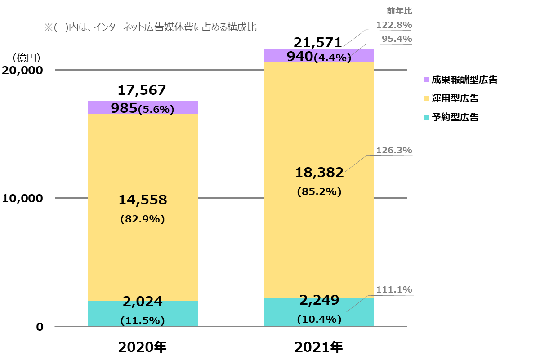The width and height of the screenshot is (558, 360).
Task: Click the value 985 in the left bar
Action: click(124, 108)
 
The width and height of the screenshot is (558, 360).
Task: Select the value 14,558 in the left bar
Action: click(143, 200)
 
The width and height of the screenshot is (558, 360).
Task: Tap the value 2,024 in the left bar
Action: click(143, 302)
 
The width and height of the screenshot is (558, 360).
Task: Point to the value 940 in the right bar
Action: click(299, 56)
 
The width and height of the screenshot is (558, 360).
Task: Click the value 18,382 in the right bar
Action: click(319, 172)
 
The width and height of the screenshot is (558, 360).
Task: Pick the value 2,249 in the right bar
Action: click(319, 300)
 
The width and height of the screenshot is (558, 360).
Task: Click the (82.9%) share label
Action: click(143, 219)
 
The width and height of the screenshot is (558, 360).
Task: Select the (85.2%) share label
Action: click(319, 191)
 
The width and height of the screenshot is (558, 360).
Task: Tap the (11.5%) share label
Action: click(143, 321)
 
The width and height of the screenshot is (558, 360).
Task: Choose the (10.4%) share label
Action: click(319, 319)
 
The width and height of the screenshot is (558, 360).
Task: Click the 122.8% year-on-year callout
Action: click(394, 25)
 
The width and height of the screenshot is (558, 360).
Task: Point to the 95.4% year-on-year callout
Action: click(397, 39)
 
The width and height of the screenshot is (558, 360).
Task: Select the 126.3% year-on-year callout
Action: click(394, 150)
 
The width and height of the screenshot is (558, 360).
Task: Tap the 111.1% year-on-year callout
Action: click(394, 289)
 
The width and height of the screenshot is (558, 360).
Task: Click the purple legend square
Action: click(427, 80)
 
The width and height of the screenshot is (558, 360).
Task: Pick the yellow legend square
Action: click(427, 98)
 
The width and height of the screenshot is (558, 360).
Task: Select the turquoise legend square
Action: click(427, 118)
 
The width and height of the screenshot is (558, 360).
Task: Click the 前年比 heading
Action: click(399, 11)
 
